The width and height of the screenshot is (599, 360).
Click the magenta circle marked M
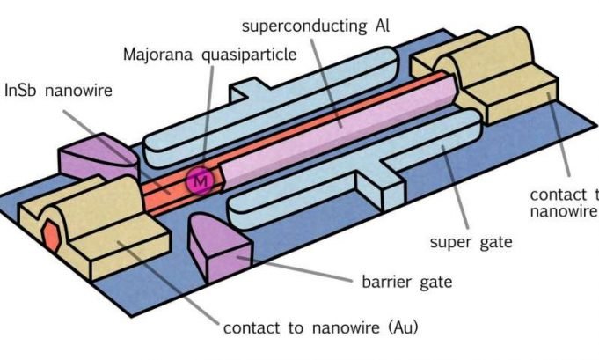pos(201,180)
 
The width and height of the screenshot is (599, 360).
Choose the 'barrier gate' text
pos(406,283)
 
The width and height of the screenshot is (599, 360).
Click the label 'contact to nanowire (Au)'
pos(320,328)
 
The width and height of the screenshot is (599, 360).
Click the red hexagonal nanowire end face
pos(49,233)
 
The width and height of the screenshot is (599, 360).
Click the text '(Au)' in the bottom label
pos(398,328)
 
